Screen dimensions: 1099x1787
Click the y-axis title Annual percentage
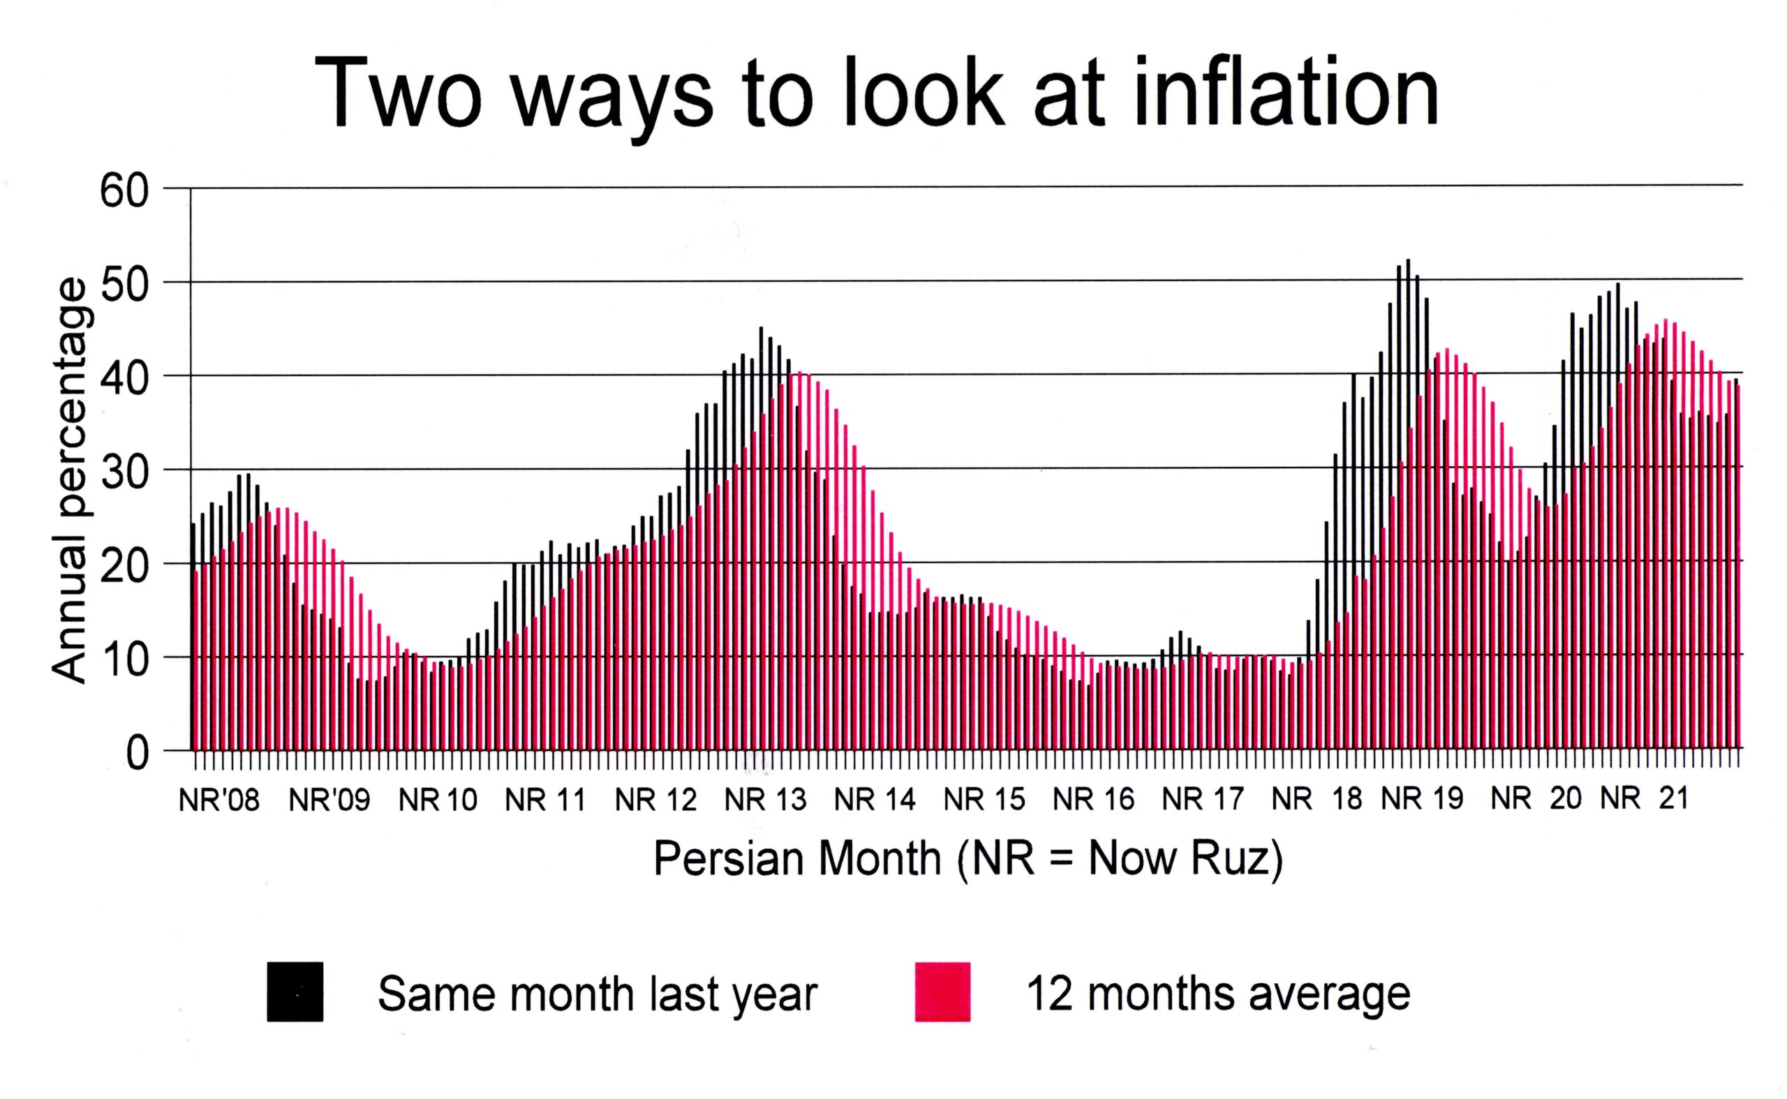tap(71, 481)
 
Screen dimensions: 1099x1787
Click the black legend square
tap(295, 992)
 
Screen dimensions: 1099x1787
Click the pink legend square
tap(942, 992)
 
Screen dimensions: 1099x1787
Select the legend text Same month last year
tap(598, 994)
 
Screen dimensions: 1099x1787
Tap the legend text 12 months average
tap(1218, 994)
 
